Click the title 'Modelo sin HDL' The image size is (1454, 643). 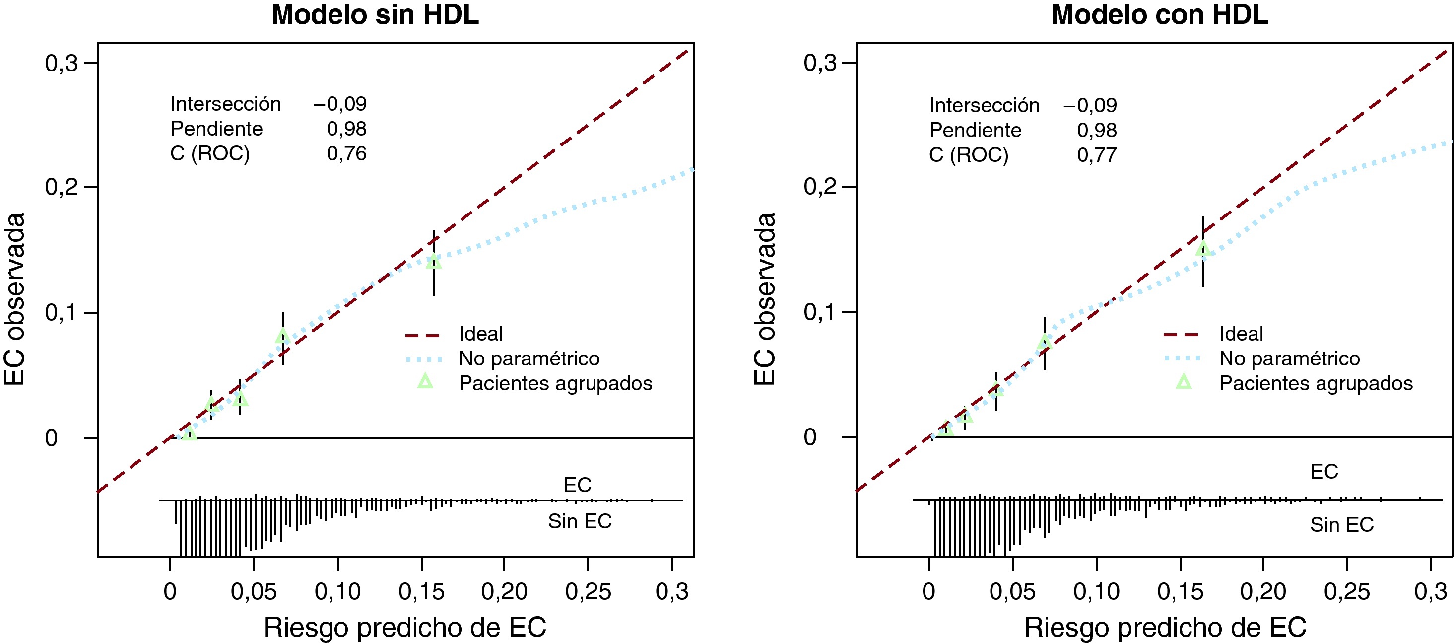pos(375,15)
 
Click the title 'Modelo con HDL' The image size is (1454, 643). pos(1159,15)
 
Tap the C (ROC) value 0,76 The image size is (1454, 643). pos(346,153)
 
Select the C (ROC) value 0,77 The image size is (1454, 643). pos(1097,155)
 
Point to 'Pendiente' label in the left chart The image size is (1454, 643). pos(216,129)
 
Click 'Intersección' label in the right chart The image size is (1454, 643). pos(984,106)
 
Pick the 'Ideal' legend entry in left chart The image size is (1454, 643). pos(480,334)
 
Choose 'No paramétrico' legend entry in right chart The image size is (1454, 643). pos(1289,358)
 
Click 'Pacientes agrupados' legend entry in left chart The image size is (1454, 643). pos(555,383)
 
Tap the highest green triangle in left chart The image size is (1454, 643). pos(434,261)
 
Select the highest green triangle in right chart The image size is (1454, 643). pos(1203,249)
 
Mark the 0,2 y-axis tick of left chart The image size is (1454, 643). pos(62,187)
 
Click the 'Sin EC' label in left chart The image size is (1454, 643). pos(580,521)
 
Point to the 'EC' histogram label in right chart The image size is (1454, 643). pos(1324,471)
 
